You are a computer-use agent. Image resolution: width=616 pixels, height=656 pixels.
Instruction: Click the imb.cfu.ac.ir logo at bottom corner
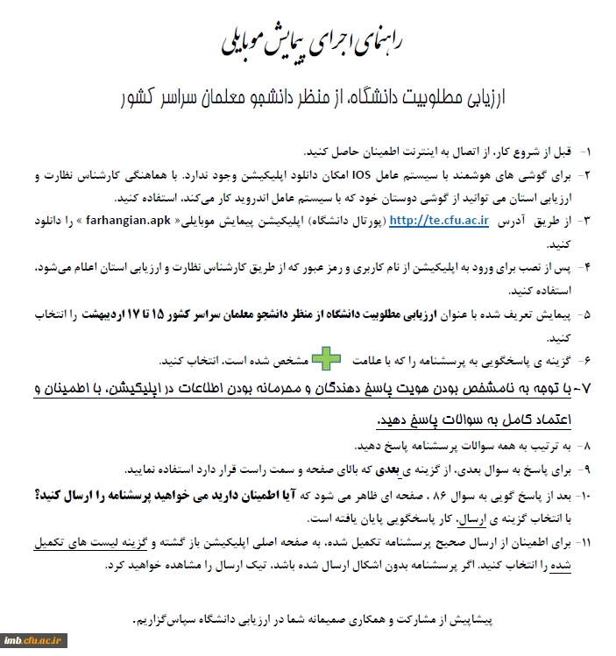34,641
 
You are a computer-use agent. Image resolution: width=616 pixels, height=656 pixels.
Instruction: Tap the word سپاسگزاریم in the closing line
167,620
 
